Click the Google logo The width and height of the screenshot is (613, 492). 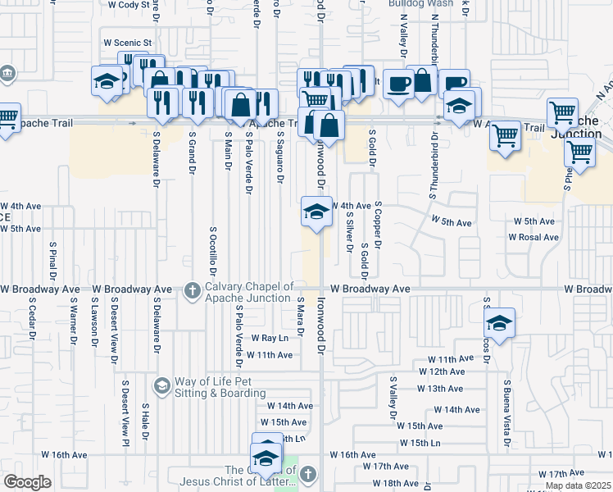click(26, 482)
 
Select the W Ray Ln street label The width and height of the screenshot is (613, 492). click(270, 338)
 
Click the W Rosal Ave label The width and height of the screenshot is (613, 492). click(533, 237)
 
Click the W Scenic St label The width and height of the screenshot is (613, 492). click(128, 43)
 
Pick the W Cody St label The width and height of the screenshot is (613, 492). click(126, 4)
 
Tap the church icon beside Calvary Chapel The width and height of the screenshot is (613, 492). click(192, 290)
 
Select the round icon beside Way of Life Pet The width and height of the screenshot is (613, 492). click(161, 385)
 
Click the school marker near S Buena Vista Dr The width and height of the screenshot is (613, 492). click(499, 322)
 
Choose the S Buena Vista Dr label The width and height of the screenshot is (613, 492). click(507, 411)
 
